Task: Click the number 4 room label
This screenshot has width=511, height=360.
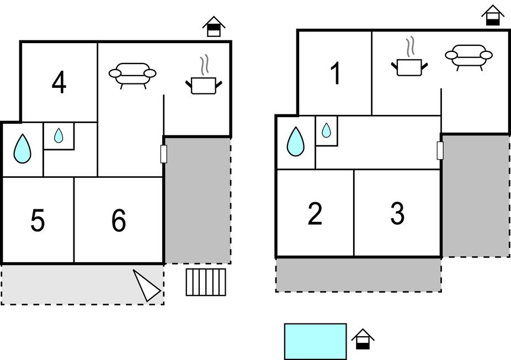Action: [59, 83]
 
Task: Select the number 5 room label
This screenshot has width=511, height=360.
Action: [38, 221]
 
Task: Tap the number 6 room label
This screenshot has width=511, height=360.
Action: [119, 221]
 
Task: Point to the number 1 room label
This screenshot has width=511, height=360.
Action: [335, 74]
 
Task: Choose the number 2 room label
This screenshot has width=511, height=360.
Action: [315, 214]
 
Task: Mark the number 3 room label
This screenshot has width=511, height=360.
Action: [397, 214]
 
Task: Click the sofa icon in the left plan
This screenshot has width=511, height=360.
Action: [132, 74]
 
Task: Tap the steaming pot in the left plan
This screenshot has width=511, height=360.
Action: [204, 82]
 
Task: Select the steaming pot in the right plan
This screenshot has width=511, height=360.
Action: [409, 63]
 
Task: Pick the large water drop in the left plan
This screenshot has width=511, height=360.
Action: [22, 149]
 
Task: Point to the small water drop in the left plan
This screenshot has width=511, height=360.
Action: [58, 135]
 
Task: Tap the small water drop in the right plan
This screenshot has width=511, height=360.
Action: [326, 130]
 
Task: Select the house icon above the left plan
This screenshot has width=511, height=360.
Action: [214, 27]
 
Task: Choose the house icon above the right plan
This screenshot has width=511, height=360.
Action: [493, 15]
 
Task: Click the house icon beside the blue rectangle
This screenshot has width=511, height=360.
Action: [363, 339]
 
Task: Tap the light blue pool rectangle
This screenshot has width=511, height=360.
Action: [315, 341]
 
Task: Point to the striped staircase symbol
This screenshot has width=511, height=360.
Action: [206, 282]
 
